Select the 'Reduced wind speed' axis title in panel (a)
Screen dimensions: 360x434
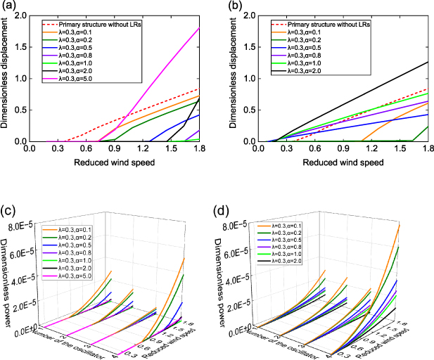[119, 163]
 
